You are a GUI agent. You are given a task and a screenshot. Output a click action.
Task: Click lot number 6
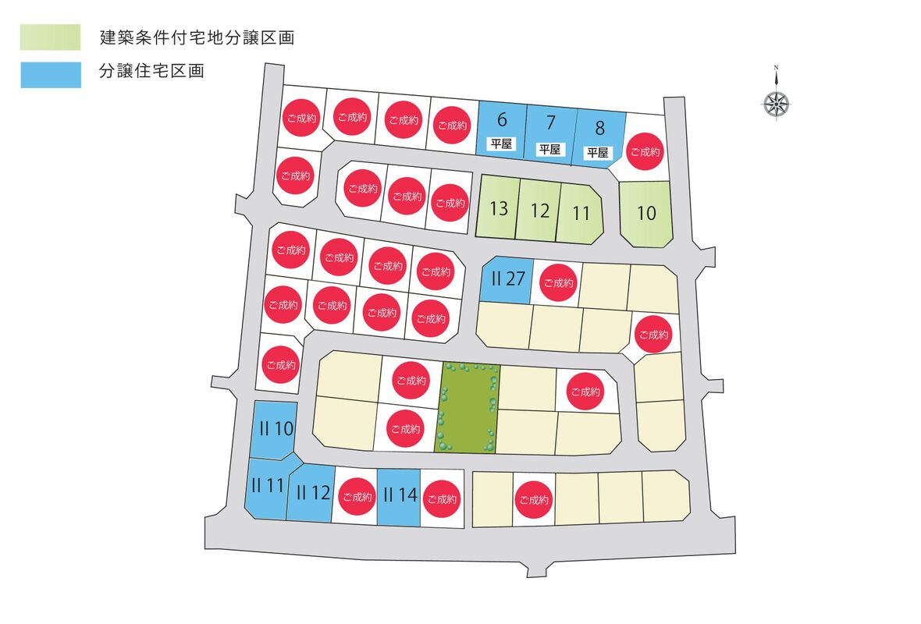pos(502,120)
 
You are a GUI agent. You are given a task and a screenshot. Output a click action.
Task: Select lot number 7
pos(551,123)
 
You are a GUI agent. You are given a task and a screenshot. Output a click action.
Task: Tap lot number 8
pos(599,127)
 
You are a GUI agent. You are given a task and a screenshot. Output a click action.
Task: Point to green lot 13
pos(499,208)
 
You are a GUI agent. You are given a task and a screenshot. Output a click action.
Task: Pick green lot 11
pos(580,212)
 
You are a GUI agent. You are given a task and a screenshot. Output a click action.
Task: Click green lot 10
pos(646,213)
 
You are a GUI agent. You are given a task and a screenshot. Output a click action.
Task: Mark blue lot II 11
pos(267,485)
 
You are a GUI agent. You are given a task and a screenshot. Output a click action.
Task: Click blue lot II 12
pos(312,492)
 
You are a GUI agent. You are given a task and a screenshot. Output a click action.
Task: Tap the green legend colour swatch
pos(51,37)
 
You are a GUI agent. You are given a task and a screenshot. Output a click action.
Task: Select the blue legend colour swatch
pos(51,74)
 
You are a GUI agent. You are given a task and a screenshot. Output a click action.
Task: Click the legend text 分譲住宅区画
pos(152,73)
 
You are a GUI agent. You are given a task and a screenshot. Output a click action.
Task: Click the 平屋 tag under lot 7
pos(550,149)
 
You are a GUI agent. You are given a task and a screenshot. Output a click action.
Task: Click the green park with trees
pos(467,407)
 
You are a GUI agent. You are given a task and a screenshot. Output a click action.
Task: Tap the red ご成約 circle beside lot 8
pos(645,152)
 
